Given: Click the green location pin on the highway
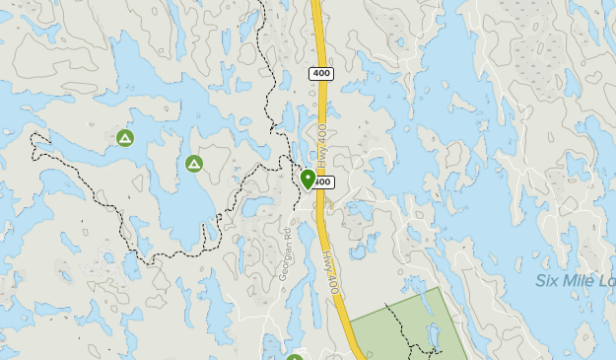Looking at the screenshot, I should pos(308,179).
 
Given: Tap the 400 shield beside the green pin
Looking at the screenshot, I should pos(325,182).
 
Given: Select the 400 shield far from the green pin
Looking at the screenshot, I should pos(321,74).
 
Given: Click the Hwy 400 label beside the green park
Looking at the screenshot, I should pos(329,270).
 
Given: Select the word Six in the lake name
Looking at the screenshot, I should pos(548,281).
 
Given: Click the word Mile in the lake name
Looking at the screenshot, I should pos(581,281).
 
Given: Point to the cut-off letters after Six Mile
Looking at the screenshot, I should pos(607,281).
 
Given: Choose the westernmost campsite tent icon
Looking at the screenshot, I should pos(124,138).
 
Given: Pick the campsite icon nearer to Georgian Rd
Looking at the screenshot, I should pos(194,163).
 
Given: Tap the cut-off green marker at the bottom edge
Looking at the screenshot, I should pos(294,356).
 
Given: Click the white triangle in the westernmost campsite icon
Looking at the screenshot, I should pos(124,138).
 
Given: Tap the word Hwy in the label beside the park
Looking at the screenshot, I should pos(326,259).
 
